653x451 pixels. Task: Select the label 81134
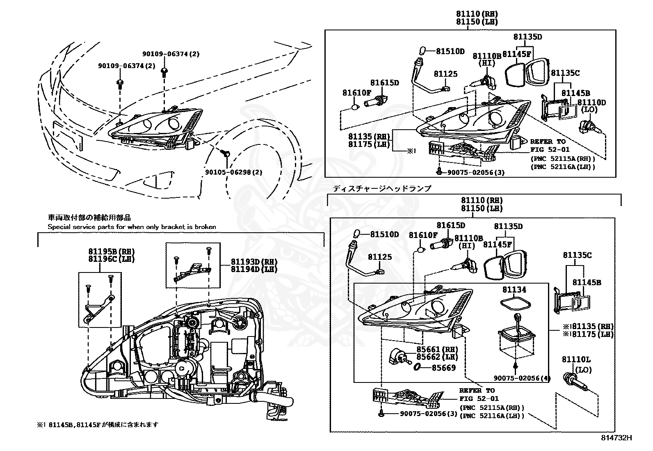pos(514,290)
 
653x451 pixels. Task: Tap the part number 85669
pos(443,368)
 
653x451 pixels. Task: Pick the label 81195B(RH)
pos(111,251)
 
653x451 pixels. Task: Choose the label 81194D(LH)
pos(254,269)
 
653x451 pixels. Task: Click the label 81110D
pos(591,102)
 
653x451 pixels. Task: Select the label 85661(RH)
pos(437,350)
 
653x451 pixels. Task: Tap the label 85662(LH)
pos(437,357)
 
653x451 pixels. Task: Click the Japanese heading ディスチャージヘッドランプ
pos(382,188)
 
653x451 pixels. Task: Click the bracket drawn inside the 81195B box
pos(98,308)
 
